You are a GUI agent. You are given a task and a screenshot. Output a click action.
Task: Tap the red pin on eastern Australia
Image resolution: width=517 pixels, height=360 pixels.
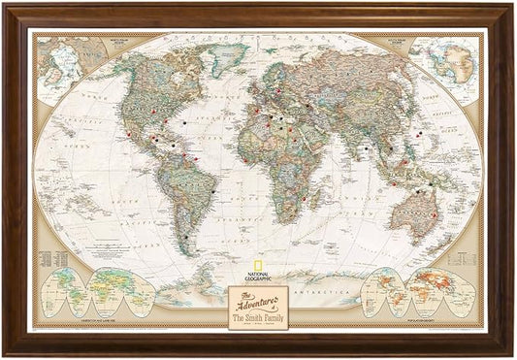coord(436,213)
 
